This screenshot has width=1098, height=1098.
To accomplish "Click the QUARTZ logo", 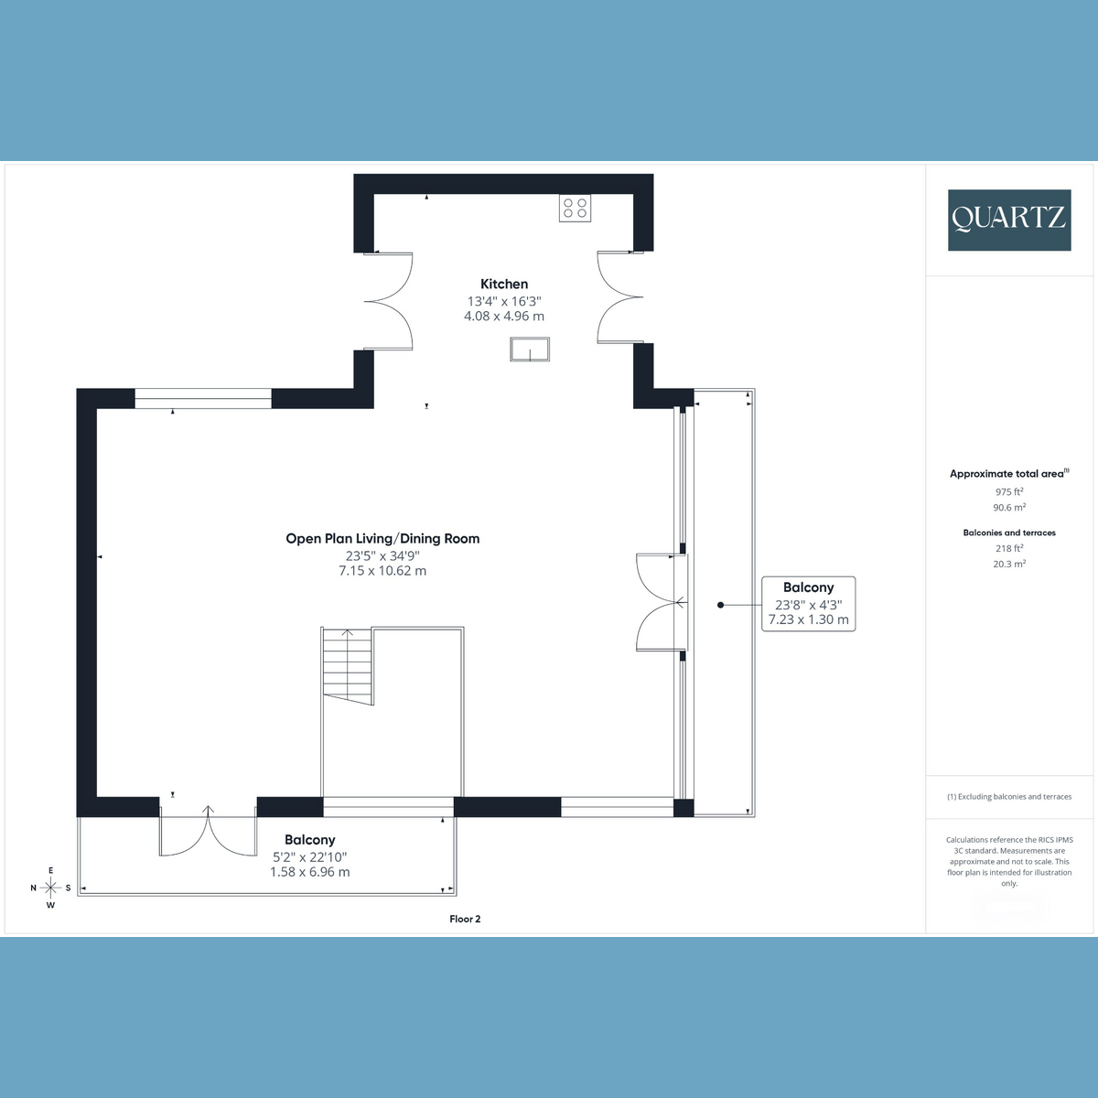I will [1008, 220].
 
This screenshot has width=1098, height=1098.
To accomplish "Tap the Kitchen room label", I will [504, 285].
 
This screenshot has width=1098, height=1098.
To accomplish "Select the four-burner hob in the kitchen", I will [575, 208].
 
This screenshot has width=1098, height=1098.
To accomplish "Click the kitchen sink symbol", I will [530, 350].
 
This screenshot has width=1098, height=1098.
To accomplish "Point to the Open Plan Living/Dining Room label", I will [382, 539].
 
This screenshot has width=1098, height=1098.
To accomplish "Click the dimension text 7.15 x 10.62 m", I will [382, 571].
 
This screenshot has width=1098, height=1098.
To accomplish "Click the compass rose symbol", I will [50, 888].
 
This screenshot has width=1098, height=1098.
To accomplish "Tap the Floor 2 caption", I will [465, 919].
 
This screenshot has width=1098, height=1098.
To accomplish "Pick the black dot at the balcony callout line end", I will [721, 605].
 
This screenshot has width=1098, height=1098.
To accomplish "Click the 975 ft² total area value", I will [1009, 491].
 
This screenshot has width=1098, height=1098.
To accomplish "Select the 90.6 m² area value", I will [1009, 508].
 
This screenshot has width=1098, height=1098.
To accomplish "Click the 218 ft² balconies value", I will [1009, 549].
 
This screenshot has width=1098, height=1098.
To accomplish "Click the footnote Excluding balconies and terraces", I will [1009, 797].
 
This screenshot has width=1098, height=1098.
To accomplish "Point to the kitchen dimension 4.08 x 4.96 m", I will [504, 317].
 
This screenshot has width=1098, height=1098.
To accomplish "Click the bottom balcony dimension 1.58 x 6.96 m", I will [309, 873].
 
